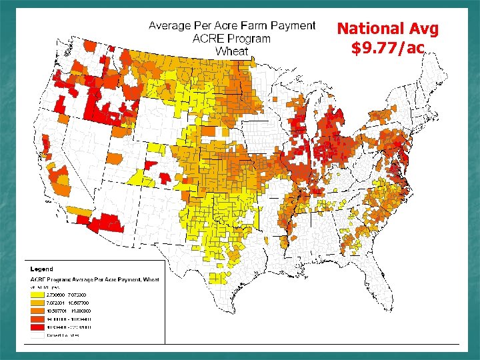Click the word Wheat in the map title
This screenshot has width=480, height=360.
(x=232, y=51)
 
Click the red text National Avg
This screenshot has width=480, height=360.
(x=387, y=29)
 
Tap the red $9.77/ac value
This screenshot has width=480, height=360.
(x=387, y=48)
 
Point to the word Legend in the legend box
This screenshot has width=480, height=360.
(x=41, y=269)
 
